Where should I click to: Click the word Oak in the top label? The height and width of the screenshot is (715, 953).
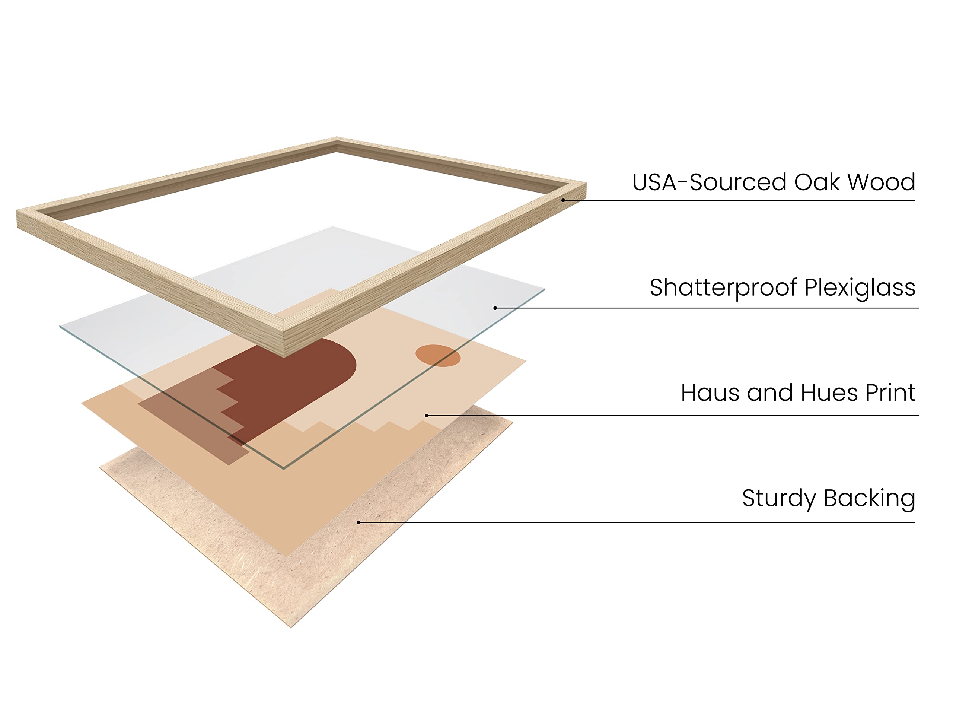coord(816,182)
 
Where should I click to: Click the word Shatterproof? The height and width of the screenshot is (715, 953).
coord(724,288)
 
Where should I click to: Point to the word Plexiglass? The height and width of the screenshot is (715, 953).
coord(860,288)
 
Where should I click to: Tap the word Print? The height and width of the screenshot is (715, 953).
coord(890,393)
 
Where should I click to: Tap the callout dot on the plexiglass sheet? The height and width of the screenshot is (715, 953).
coord(495,308)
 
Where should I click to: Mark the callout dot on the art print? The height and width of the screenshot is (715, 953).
coord(427,416)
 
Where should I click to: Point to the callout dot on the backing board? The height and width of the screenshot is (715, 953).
coord(358,523)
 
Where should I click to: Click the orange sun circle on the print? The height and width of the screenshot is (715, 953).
coord(438,356)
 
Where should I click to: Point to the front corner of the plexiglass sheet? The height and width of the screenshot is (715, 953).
coord(284,468)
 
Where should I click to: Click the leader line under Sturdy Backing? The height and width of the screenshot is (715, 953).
coord(646,523)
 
